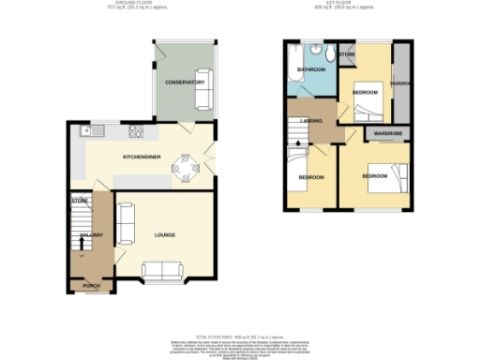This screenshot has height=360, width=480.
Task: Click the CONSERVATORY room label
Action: tap(185, 82)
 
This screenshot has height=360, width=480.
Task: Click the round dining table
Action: tap(186, 170)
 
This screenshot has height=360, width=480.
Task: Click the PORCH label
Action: tap(91, 284)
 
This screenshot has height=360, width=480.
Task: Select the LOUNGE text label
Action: tap(166, 234)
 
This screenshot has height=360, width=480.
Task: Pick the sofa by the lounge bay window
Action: tap(162, 272)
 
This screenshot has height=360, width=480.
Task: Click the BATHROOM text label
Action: tap(311, 70)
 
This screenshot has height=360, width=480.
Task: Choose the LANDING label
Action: tap(312, 120)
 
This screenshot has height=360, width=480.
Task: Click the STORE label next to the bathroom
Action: tap(348, 55)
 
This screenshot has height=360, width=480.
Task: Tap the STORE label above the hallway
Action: tap(79, 201)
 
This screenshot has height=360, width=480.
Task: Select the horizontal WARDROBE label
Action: tap(387, 134)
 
